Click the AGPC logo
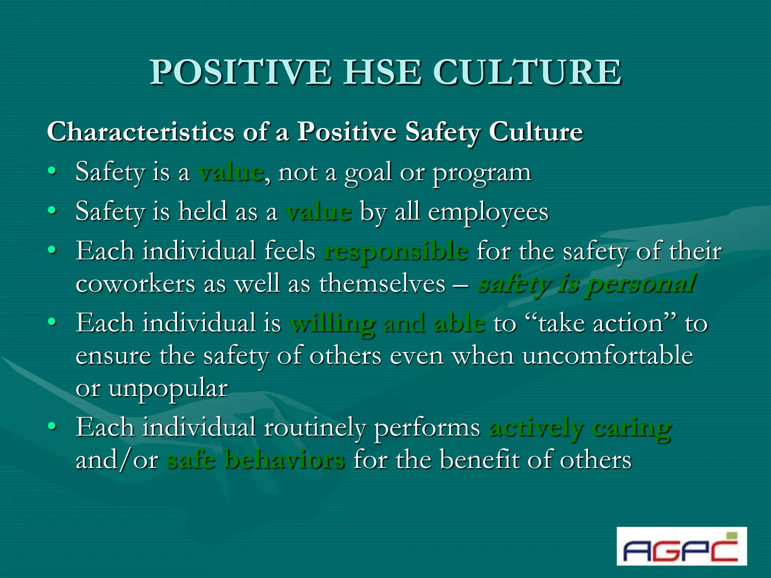click(681, 546)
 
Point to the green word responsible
click(396, 251)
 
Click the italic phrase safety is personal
click(586, 284)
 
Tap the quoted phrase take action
click(601, 323)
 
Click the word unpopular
click(168, 388)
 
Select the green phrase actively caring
click(580, 428)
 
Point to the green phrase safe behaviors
click(256, 460)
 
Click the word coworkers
click(135, 284)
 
